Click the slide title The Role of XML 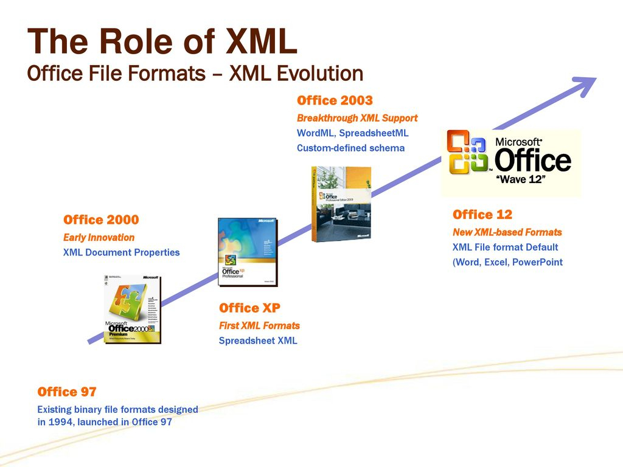(162, 43)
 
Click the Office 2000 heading (101, 220)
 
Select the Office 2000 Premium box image (132, 308)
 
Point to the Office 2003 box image (341, 204)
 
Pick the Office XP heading (249, 308)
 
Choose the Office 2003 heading (335, 100)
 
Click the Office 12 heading (482, 215)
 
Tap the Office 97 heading (67, 392)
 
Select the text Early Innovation (99, 237)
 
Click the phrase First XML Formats (259, 326)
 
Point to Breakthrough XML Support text (357, 118)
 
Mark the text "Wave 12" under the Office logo (520, 179)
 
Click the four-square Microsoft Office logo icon (467, 152)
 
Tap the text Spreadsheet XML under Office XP (258, 341)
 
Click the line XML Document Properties (122, 252)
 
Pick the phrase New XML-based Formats (507, 232)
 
